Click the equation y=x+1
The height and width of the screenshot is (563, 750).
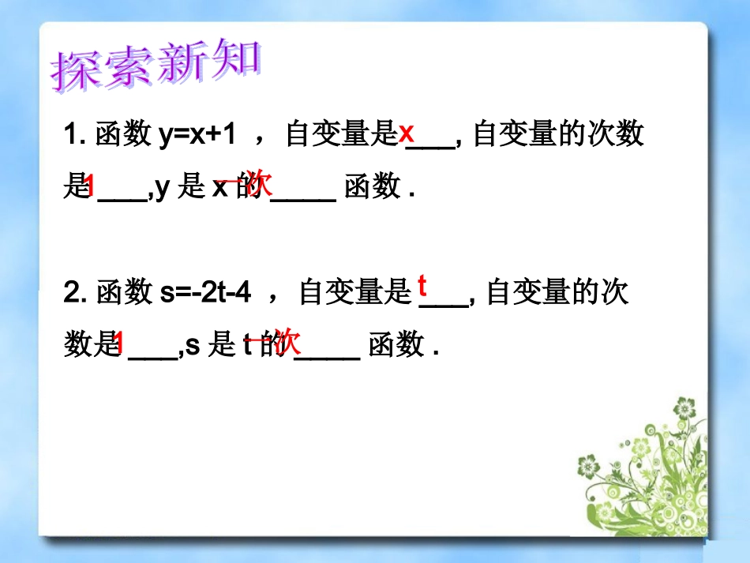coord(197,135)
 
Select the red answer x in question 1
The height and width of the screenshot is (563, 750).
coord(406,133)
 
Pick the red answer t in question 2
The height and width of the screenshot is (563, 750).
coord(422,284)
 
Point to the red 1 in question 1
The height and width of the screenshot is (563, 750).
coord(89,186)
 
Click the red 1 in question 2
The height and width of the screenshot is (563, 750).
coord(118,343)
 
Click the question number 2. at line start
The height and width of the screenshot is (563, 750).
coord(76,294)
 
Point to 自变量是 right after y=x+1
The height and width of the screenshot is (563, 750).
coord(340,135)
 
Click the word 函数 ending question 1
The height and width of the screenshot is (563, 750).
coord(373,188)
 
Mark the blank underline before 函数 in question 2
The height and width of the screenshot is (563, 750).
coord(327,357)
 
